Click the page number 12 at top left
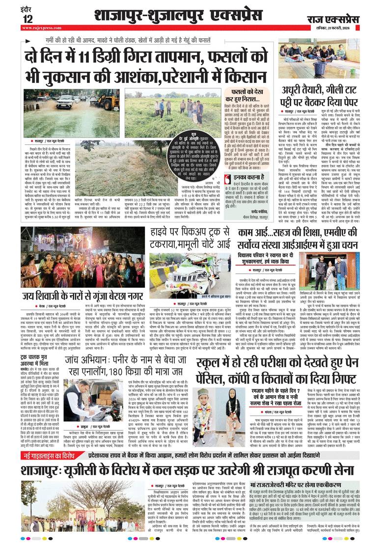click(x=27, y=19)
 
